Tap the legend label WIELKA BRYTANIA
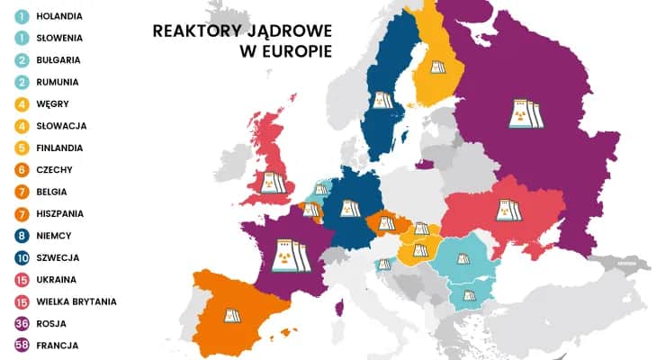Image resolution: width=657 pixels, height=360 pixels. coord(77,301)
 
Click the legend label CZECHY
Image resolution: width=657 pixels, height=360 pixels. coord(56,169)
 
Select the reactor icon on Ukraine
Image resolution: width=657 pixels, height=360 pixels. coord(508,211)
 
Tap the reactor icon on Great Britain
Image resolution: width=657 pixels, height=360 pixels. coord(273,183)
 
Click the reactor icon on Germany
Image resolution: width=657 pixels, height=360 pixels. coord(349,208)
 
